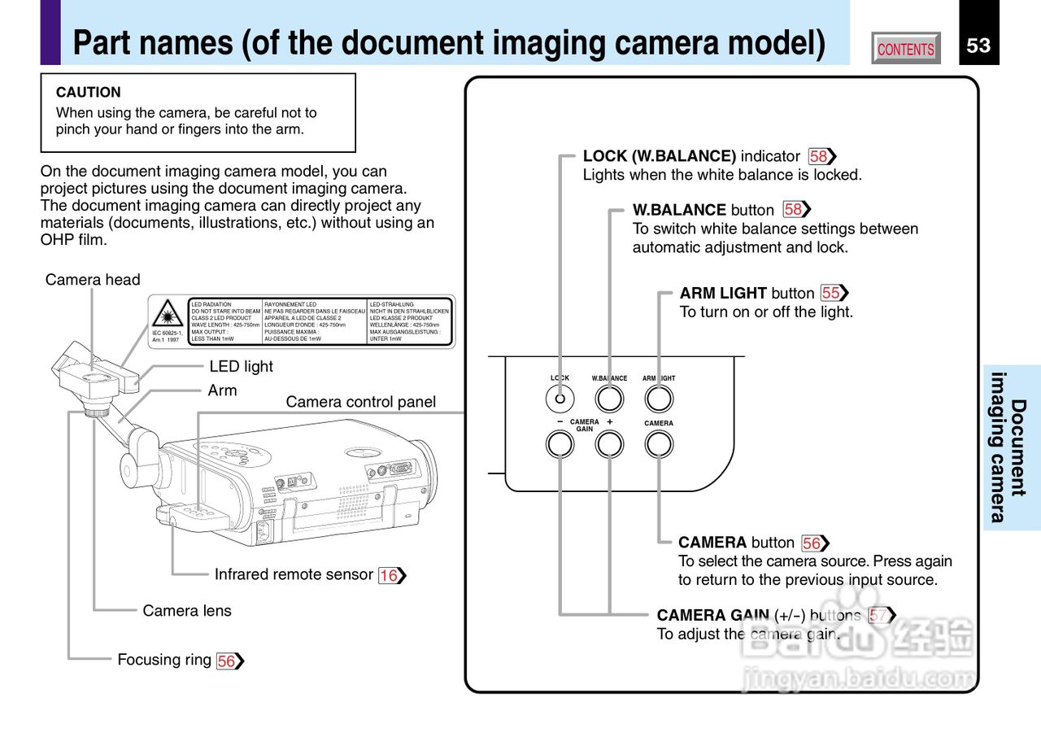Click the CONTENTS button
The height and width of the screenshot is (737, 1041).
[x=905, y=49]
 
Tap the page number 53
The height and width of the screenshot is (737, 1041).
[x=978, y=46]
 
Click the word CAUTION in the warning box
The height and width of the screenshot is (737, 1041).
[x=89, y=93]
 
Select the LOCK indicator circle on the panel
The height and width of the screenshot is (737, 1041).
[x=560, y=399]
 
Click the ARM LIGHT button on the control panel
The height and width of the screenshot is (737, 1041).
[x=659, y=399]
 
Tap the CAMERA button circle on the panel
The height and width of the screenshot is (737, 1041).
[x=659, y=443]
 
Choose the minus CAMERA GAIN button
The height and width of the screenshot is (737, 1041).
[x=560, y=443]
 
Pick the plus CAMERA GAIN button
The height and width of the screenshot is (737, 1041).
[x=609, y=443]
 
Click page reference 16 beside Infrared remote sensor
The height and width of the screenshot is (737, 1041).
[x=390, y=576]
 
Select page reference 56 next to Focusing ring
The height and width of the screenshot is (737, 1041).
[x=227, y=661]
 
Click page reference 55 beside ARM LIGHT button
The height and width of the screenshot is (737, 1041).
[x=831, y=293]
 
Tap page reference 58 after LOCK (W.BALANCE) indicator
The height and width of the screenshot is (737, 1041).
[x=819, y=156]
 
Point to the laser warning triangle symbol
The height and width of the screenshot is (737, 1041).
[x=168, y=313]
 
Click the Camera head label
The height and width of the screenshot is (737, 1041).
[x=93, y=280]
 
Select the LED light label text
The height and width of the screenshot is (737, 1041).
[x=242, y=367]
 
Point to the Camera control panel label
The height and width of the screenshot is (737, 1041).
[x=360, y=402]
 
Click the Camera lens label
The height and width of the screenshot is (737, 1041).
[x=187, y=611]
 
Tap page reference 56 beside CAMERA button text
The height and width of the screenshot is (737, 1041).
[x=812, y=543]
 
